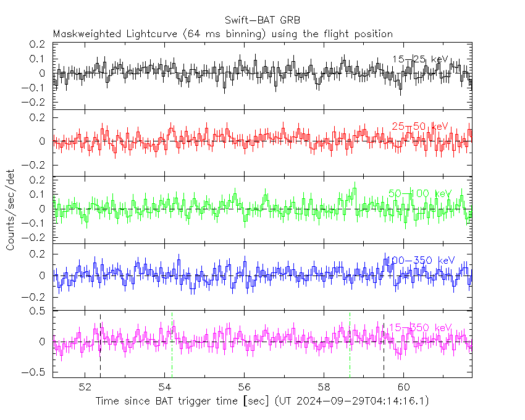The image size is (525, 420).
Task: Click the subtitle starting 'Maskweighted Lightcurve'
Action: [223, 33]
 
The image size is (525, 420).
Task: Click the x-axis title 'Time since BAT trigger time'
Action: [262, 401]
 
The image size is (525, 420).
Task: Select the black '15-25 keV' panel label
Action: [419, 59]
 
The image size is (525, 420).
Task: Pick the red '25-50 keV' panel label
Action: [419, 127]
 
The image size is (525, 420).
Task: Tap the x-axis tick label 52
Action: [85, 387]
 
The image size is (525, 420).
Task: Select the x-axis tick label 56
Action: [245, 387]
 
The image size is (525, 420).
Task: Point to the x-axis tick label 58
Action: [324, 387]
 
